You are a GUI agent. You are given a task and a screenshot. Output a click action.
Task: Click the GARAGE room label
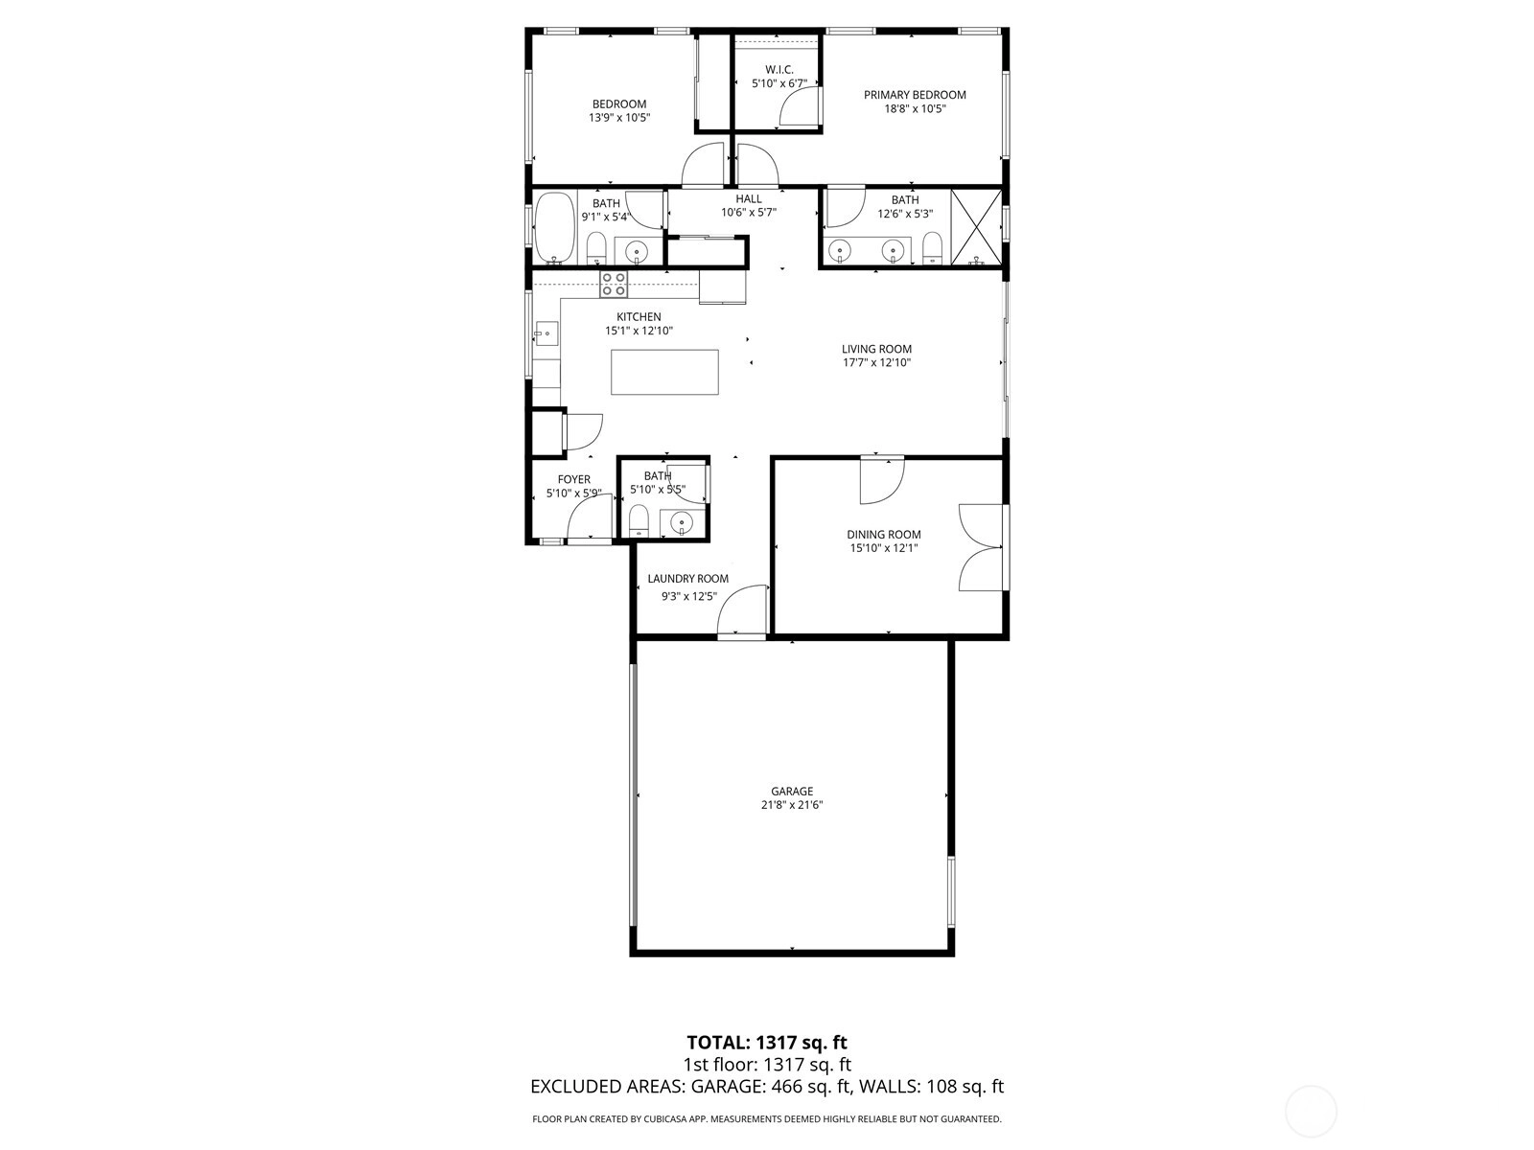tap(792, 792)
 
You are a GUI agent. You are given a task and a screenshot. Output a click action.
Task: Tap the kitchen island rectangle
tap(664, 372)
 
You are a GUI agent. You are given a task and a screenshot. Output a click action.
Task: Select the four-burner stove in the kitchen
tap(613, 285)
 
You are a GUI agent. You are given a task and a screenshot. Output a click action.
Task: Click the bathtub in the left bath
tap(555, 228)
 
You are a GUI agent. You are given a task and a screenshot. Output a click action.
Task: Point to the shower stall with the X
tap(976, 227)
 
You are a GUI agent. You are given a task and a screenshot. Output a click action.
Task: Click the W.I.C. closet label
tap(779, 70)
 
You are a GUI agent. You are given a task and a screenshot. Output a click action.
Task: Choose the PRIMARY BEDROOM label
tap(915, 95)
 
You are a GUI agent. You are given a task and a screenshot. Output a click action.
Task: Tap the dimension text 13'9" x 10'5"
tap(619, 117)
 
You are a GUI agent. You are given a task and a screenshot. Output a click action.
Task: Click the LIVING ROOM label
tap(876, 349)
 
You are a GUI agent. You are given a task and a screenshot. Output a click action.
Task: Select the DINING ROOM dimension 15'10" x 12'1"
tap(883, 548)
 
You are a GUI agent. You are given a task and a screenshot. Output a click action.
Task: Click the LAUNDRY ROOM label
tap(687, 579)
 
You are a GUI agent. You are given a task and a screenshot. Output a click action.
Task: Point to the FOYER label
tap(573, 480)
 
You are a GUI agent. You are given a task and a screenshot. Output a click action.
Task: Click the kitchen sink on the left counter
tap(546, 333)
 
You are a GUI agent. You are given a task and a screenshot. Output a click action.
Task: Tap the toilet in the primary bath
tap(932, 249)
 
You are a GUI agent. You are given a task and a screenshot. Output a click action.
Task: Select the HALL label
tap(749, 199)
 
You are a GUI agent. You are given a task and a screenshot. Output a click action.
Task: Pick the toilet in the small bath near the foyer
tap(639, 521)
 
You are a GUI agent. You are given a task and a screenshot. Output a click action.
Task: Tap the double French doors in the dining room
tap(981, 547)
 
